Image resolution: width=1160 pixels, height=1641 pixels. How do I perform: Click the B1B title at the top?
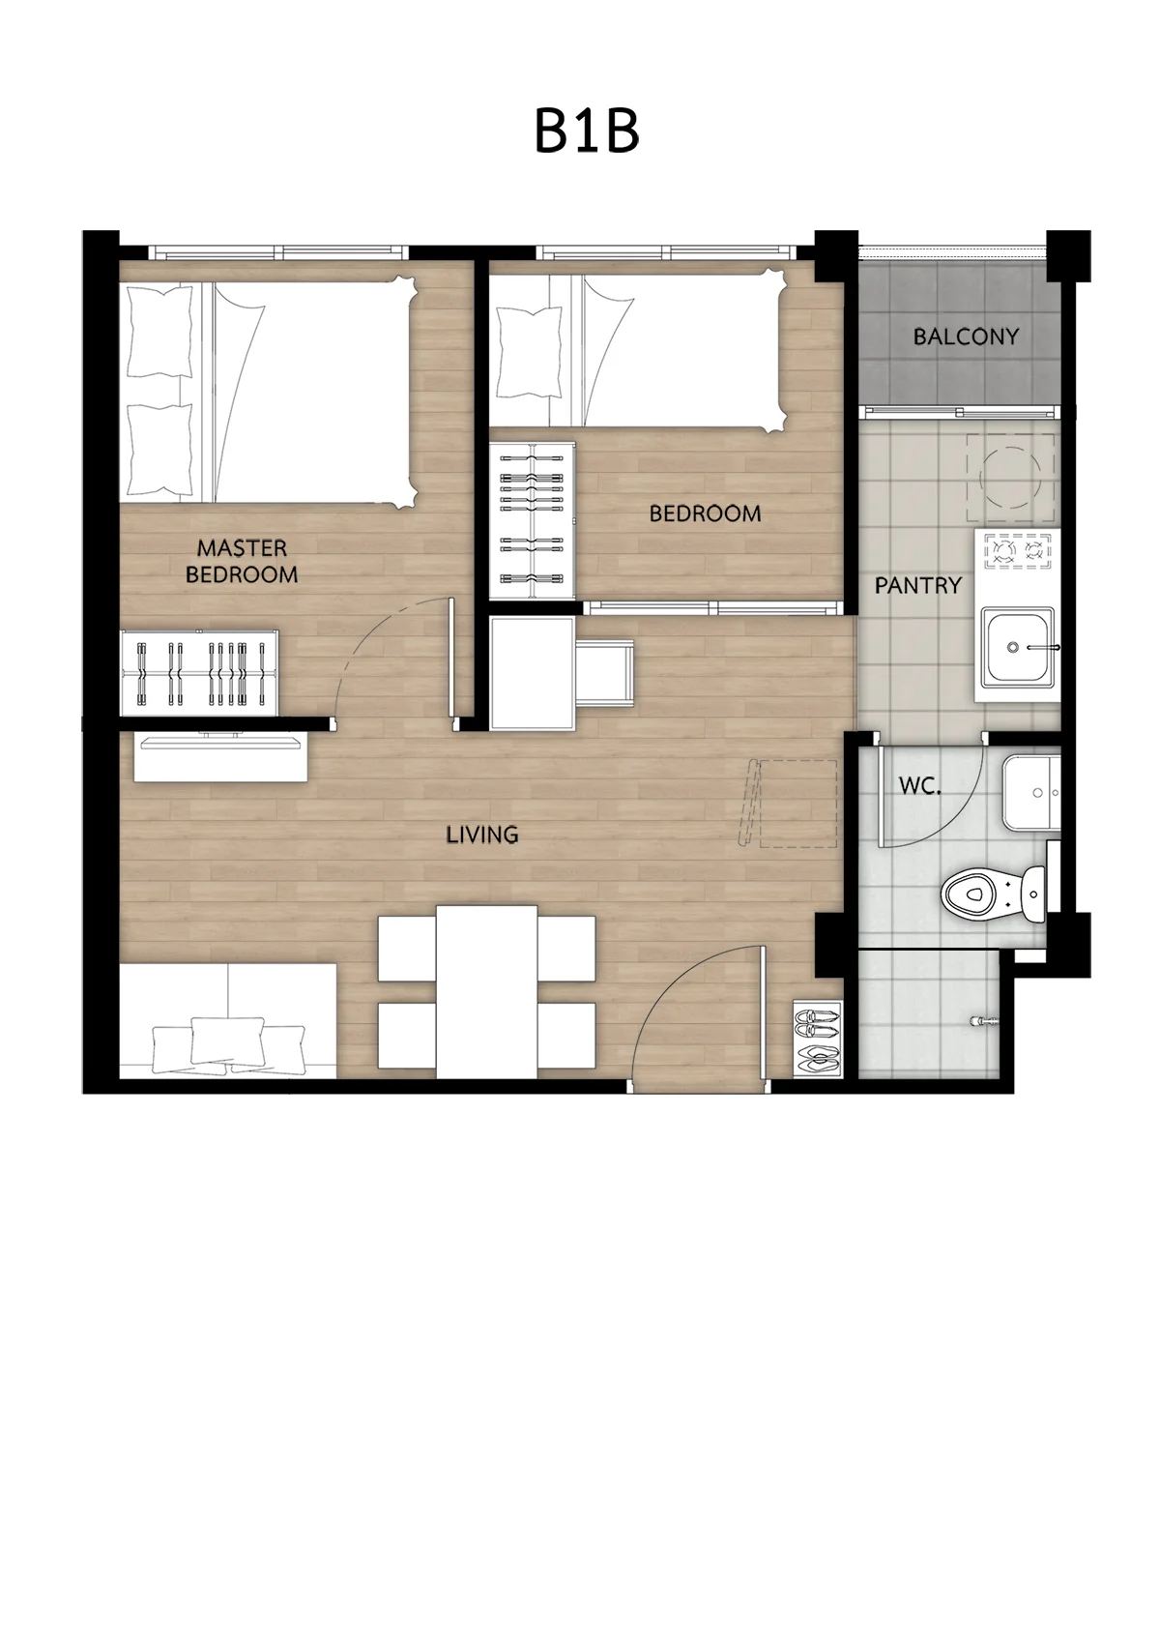point(587,132)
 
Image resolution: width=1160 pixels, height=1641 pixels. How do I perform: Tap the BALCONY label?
point(966,337)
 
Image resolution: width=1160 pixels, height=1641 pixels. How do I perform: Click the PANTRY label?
point(917,585)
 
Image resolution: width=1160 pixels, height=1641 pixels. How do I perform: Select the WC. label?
point(920,786)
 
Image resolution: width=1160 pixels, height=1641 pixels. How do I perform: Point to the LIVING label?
point(482,835)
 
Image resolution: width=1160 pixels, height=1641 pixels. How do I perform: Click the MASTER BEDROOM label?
point(242,561)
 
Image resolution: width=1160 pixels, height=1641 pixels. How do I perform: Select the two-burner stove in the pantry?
point(1018,551)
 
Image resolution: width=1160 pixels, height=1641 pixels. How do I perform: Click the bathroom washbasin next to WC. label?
point(1031,792)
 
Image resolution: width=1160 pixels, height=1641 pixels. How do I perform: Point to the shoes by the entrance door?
point(817,1039)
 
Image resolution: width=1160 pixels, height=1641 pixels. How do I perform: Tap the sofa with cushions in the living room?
point(228,1020)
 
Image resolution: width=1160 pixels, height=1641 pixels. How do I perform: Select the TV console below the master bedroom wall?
point(220,757)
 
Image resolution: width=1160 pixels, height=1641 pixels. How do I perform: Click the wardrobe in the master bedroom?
point(199,672)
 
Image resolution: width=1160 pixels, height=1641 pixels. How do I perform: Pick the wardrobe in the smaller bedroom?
point(533,521)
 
